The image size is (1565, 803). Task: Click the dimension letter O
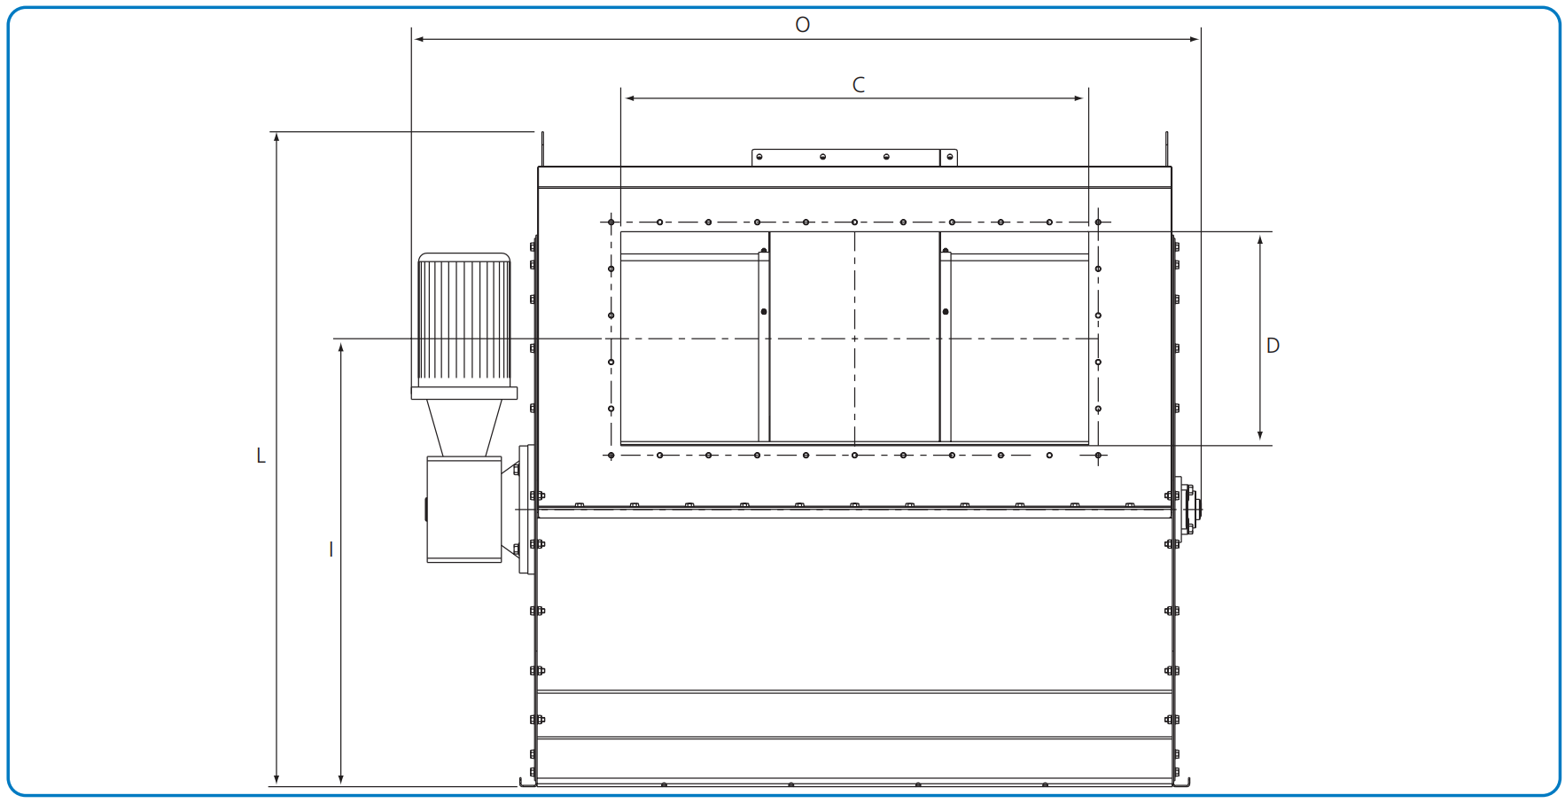(x=802, y=25)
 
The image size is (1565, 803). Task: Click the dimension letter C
(x=858, y=85)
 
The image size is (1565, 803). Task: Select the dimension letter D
(x=1273, y=346)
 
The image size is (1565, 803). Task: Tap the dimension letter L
(x=261, y=456)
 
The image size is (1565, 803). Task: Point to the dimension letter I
(x=331, y=550)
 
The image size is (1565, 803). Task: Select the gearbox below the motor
(x=464, y=510)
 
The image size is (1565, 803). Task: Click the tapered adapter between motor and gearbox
(x=464, y=428)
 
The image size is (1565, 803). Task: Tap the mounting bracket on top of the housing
(x=854, y=158)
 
